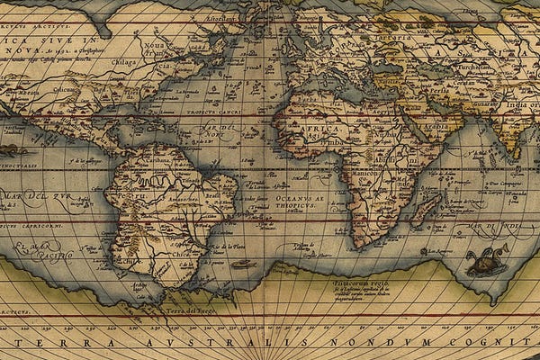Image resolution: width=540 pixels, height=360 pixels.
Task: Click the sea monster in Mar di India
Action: click(486, 260)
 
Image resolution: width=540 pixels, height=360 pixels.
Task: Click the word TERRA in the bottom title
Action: click(76, 345)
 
